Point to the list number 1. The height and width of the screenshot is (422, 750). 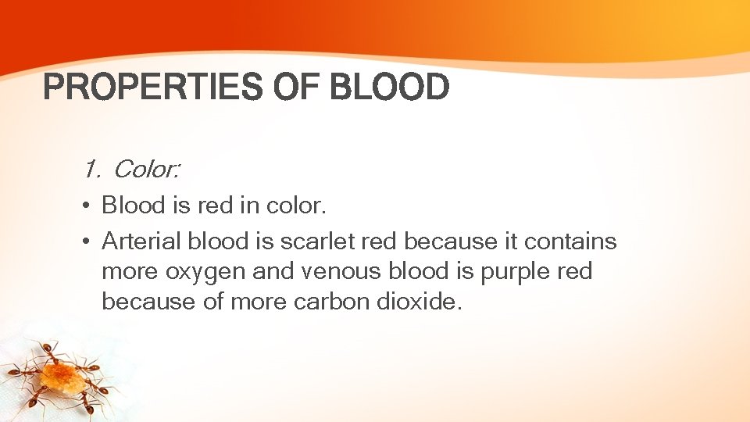91,168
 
